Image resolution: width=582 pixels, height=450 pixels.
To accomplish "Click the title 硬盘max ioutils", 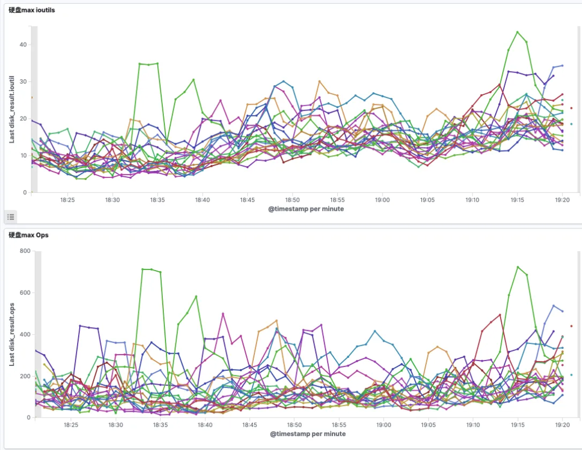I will (31, 10).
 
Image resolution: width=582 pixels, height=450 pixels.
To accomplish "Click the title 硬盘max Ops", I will (29, 235).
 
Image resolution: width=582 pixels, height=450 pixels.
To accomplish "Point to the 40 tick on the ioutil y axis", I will (23, 44).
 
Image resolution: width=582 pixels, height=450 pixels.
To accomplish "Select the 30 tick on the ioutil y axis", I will (23, 81).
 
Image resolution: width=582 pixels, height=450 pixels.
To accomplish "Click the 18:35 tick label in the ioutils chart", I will (157, 200).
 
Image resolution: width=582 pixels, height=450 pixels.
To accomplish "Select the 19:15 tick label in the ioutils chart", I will (517, 200).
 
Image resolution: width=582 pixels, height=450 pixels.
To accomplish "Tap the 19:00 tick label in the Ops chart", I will (383, 425).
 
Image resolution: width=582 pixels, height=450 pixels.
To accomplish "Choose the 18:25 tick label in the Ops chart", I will (71, 425).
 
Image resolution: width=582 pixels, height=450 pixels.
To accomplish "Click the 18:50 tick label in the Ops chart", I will (294, 425).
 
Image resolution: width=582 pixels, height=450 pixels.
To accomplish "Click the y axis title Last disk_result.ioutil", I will (12, 108).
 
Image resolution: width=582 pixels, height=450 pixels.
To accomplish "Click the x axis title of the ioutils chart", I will (306, 209).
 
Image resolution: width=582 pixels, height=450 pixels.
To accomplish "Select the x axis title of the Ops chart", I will (307, 433).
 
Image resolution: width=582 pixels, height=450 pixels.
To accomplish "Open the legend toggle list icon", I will (11, 217).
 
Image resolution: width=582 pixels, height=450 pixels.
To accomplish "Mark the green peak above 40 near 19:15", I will (517, 32).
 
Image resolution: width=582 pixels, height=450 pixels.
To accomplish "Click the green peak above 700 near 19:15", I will (517, 267).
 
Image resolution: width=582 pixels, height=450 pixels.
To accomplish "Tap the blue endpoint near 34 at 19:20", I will (562, 66).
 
